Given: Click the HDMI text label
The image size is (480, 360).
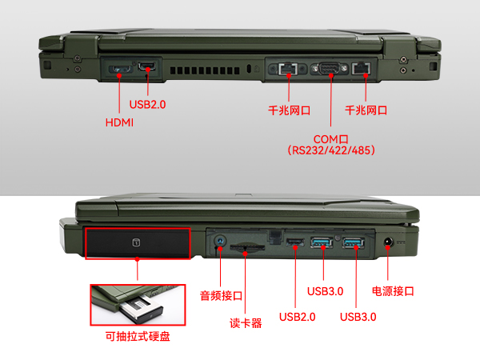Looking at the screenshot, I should (x=119, y=122).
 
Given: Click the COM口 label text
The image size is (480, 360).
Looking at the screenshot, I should (x=330, y=138).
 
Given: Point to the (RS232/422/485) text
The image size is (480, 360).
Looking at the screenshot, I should (x=330, y=150).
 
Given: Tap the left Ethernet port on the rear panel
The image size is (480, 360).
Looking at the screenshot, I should (x=288, y=70).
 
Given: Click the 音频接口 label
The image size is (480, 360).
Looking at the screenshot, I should (x=221, y=295).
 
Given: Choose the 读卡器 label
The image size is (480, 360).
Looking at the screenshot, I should (x=246, y=324).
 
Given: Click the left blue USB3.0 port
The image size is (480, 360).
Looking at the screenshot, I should (x=322, y=242).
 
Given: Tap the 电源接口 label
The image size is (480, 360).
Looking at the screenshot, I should (x=393, y=291).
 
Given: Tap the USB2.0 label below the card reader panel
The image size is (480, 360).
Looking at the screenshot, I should (x=297, y=317).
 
